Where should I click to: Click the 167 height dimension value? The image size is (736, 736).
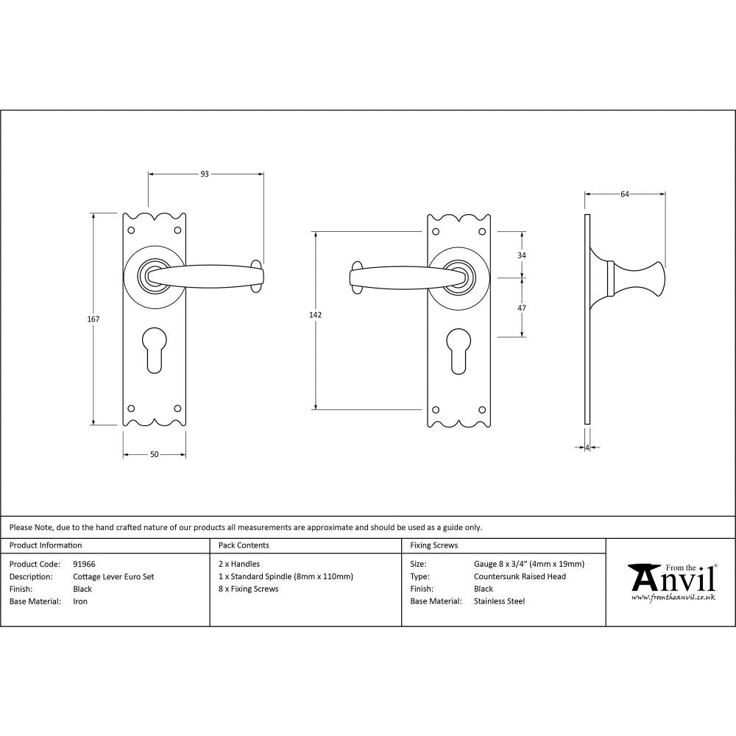[93, 319]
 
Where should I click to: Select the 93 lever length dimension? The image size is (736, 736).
[205, 174]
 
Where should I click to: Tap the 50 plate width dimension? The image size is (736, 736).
[155, 454]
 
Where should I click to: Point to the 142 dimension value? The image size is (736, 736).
[315, 314]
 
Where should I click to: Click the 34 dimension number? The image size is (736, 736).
[522, 255]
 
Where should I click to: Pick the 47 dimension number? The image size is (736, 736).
[522, 308]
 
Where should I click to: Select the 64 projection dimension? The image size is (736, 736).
[625, 194]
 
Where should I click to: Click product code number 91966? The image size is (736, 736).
[84, 564]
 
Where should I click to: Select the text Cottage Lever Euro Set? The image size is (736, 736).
[113, 576]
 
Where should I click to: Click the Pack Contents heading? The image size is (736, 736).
[244, 545]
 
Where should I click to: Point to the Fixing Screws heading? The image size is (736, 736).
[434, 545]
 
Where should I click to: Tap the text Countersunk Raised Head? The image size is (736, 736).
[520, 576]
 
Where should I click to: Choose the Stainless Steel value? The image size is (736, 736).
[499, 601]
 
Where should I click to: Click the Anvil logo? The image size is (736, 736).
[670, 581]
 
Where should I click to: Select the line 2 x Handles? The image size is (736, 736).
[239, 564]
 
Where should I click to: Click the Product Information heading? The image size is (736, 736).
[46, 545]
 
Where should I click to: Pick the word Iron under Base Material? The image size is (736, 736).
[80, 601]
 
